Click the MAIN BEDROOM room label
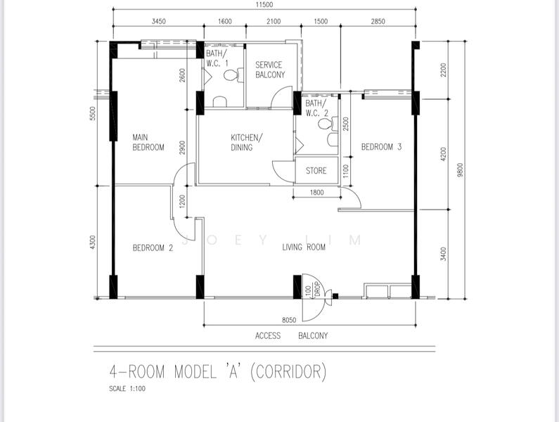click(148, 142)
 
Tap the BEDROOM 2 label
click(153, 248)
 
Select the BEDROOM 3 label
click(381, 147)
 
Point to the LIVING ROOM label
click(304, 247)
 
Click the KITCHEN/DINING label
click(246, 142)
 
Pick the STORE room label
click(316, 171)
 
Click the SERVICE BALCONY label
click(270, 70)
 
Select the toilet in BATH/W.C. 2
click(324, 124)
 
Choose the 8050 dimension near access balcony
click(289, 320)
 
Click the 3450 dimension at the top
click(159, 22)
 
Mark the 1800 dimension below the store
click(316, 193)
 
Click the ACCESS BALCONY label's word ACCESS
click(267, 335)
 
